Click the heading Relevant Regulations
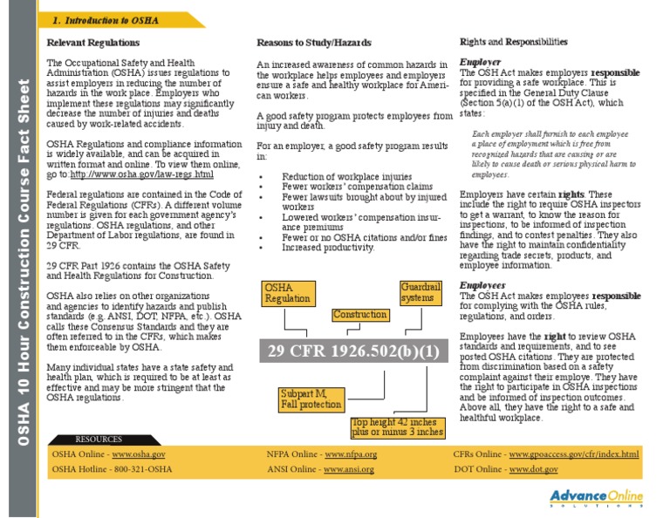tap(92, 43)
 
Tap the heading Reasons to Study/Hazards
tap(313, 43)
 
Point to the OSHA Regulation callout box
tap(288, 293)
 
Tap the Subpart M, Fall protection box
tap(311, 399)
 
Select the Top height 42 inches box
tap(398, 427)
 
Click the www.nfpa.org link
tap(350, 454)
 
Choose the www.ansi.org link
tap(348, 469)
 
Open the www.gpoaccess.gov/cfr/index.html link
tap(573, 454)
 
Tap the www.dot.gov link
tap(533, 469)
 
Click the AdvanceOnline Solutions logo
tap(597, 500)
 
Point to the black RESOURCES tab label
tap(99, 439)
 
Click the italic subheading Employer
tap(481, 63)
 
